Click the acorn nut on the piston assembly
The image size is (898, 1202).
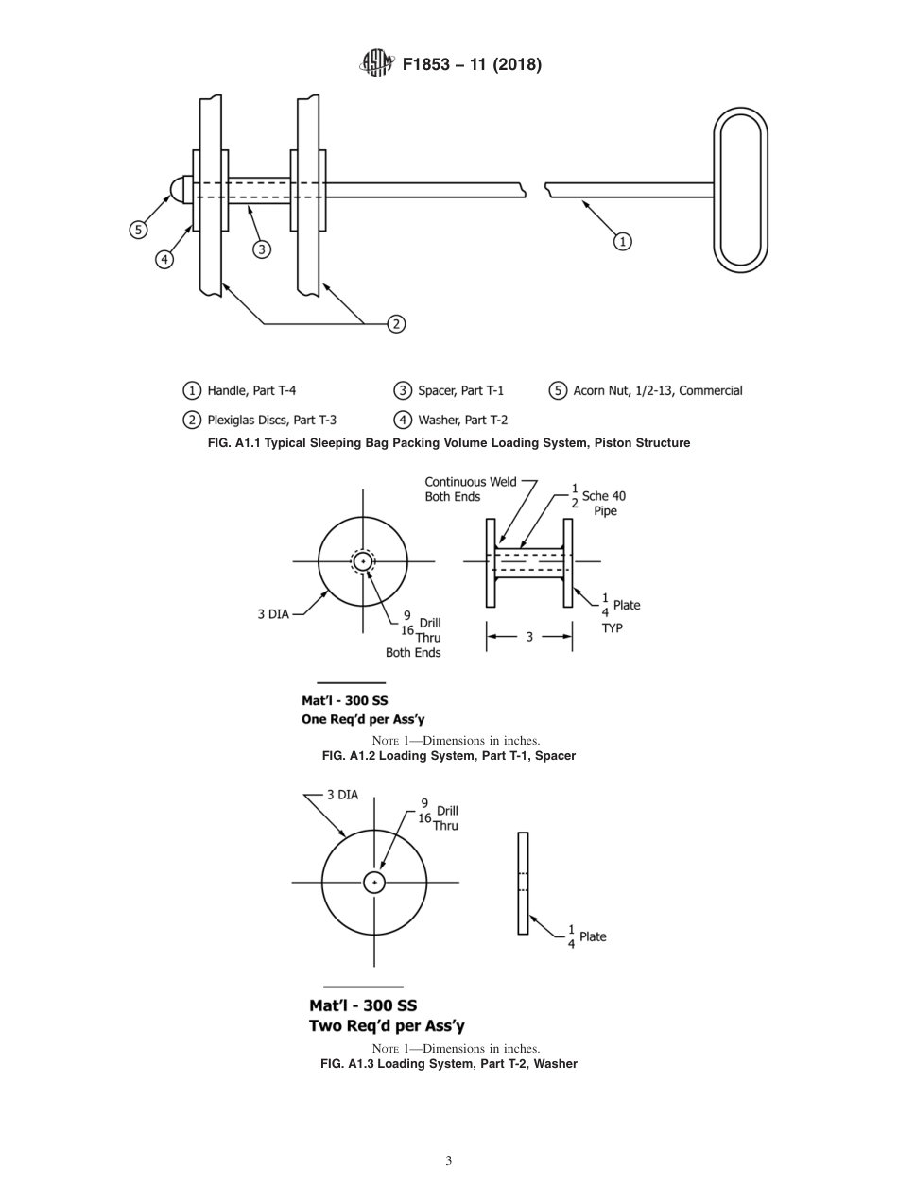coord(180,190)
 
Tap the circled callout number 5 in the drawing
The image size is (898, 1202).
coord(139,229)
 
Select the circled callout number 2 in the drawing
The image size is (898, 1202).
coord(396,324)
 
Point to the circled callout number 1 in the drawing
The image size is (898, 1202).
coord(622,241)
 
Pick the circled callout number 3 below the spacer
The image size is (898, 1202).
coord(262,249)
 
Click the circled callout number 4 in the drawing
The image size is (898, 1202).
coord(164,259)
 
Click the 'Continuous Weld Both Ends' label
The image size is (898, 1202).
coord(470,489)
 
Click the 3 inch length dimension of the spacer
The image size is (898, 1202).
coord(529,637)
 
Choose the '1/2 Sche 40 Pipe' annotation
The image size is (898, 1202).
coord(598,502)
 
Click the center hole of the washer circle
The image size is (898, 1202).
coord(374,883)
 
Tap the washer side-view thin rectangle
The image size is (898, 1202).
coord(523,883)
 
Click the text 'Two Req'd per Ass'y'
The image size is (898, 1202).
coord(387,1025)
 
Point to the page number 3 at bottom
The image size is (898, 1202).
coord(448,1160)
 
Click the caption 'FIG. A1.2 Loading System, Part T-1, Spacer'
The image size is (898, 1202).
coord(449,756)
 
